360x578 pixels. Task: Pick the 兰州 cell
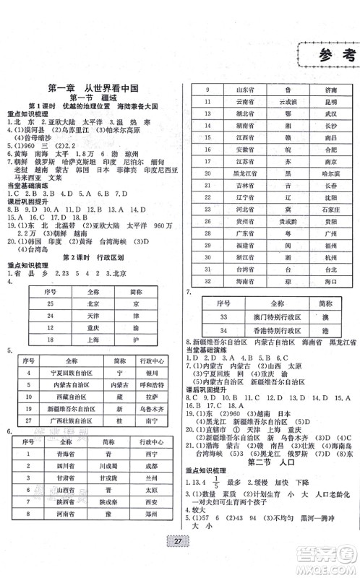(152, 478)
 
